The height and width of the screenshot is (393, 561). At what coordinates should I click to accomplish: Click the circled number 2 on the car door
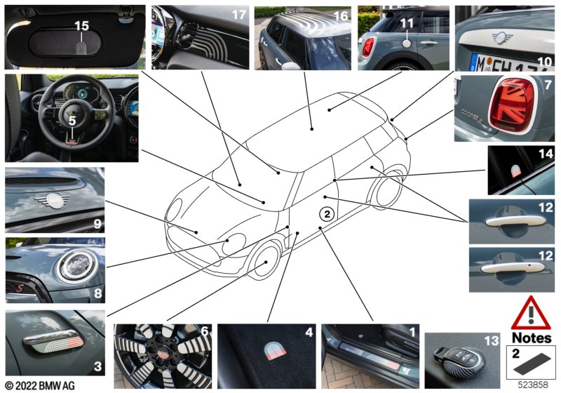(327, 214)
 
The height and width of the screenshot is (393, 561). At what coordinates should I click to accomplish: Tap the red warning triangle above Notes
(531, 313)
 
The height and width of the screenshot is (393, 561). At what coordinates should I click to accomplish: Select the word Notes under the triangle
(532, 338)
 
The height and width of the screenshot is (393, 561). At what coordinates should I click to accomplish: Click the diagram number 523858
(533, 385)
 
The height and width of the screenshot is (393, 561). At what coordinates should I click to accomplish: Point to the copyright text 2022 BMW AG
(40, 385)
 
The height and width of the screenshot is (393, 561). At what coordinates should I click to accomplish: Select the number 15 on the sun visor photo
(81, 26)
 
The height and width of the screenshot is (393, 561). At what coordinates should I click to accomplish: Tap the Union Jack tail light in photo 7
(512, 105)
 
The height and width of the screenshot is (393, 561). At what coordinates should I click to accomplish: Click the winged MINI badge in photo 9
(53, 201)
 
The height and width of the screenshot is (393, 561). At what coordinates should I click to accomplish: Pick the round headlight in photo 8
(77, 266)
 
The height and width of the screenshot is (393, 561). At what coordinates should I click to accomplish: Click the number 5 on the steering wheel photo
(72, 121)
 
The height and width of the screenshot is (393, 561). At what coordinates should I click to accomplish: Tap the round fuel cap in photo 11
(407, 44)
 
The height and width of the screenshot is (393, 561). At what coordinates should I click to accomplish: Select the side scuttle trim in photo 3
(54, 341)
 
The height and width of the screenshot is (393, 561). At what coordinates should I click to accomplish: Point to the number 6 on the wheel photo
(205, 331)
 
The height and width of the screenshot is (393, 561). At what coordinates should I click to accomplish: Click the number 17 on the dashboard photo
(239, 15)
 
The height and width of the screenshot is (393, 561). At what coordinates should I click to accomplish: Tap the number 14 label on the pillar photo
(546, 154)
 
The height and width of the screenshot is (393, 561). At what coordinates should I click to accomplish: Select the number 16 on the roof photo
(340, 15)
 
